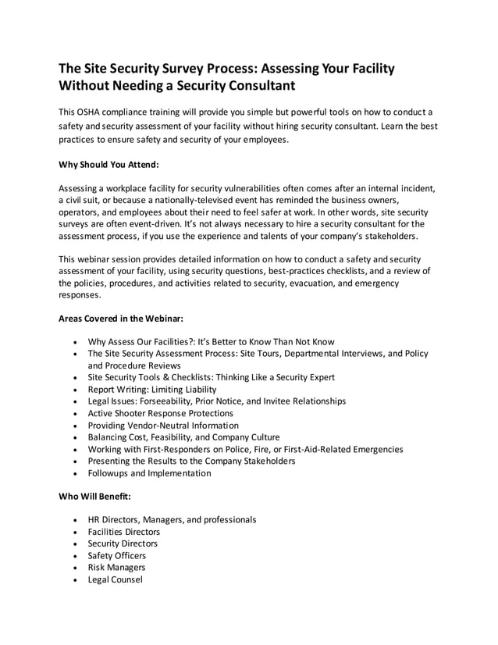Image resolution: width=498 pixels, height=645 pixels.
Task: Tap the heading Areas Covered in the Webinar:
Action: (121, 319)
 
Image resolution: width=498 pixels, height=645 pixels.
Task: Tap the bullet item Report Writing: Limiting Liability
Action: (152, 389)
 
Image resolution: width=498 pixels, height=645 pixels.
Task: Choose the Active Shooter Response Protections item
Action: (160, 413)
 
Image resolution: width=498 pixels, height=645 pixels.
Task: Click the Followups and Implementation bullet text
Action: (149, 473)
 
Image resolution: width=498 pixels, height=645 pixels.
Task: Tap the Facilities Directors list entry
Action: (123, 532)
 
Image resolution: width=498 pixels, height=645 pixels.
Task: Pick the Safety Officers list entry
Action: (116, 556)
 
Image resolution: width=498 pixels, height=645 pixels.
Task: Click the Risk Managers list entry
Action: (116, 568)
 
